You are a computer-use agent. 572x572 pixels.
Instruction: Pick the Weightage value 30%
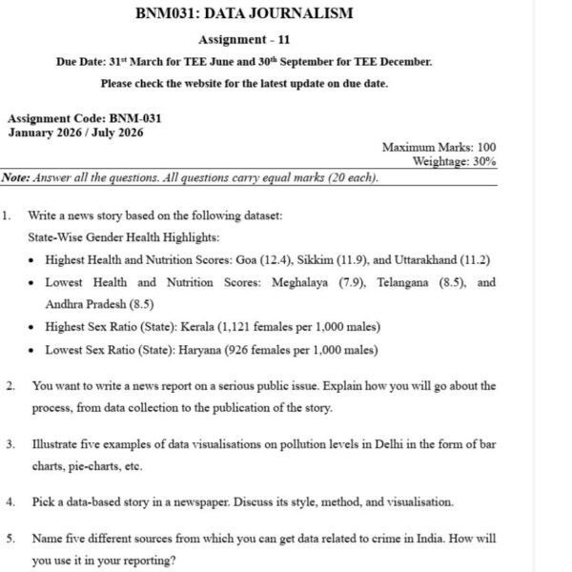[484, 162]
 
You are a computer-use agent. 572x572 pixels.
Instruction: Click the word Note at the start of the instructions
[16, 177]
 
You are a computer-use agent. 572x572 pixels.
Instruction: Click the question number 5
[10, 539]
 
